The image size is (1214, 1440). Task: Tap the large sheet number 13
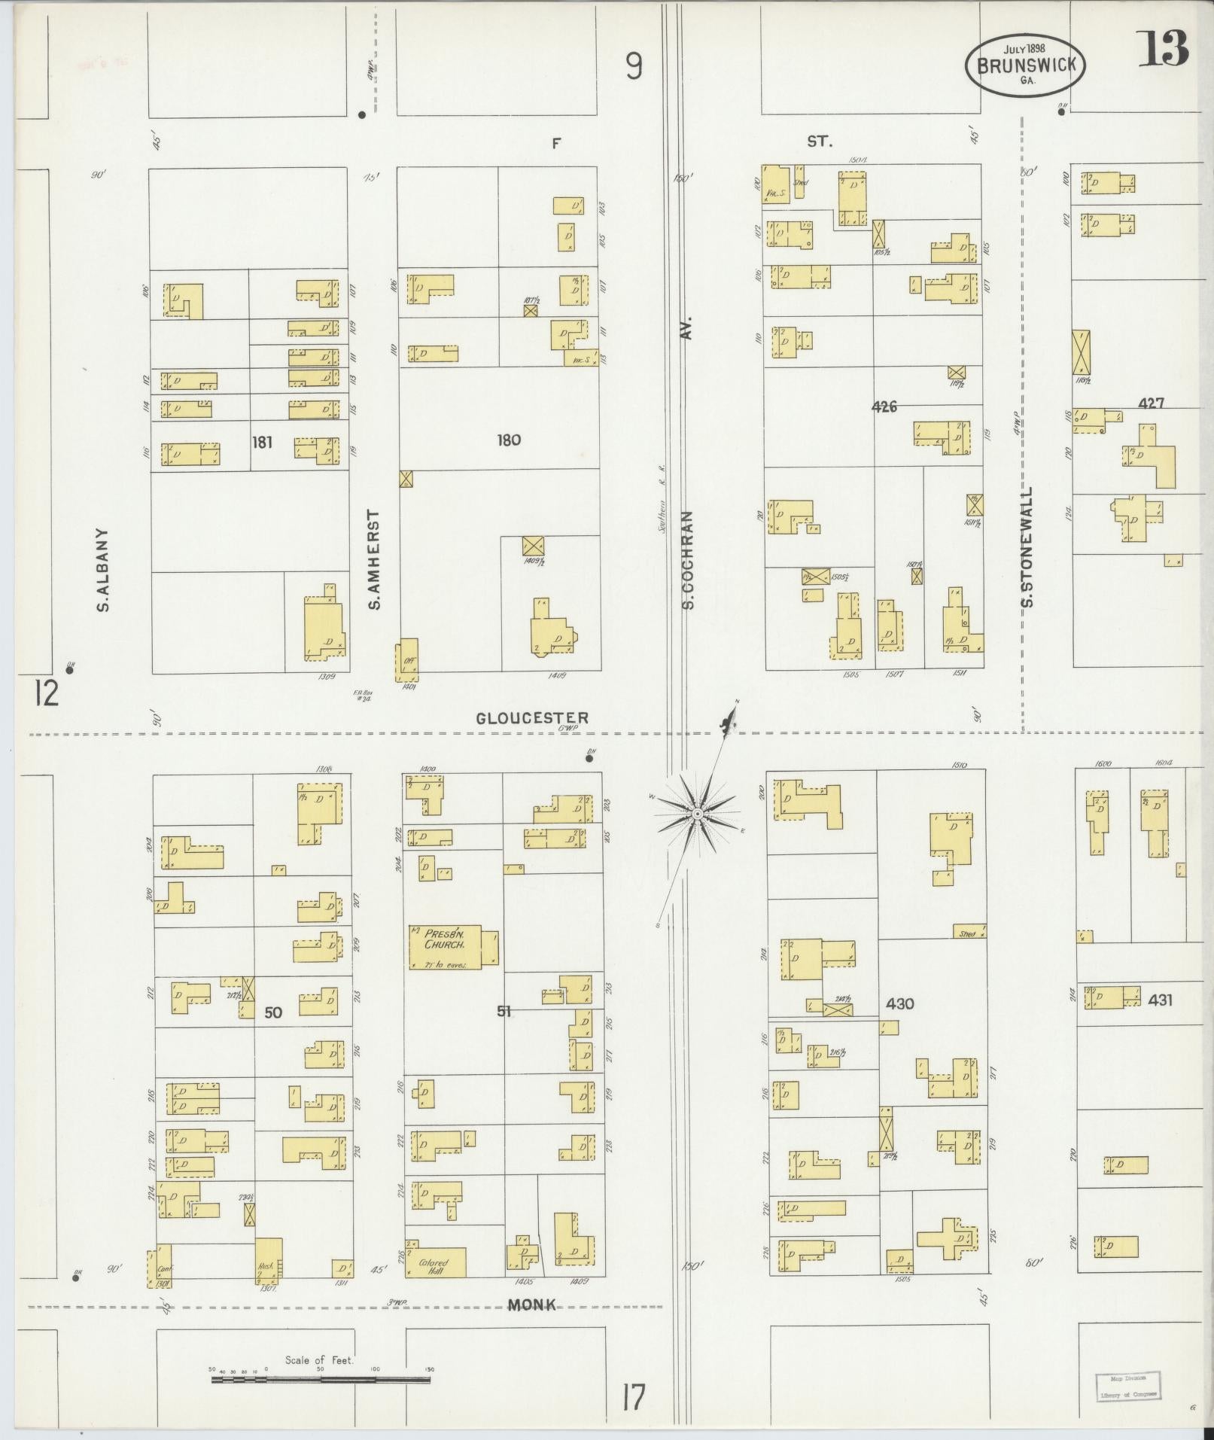[1162, 50]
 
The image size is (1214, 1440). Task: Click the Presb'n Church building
[444, 946]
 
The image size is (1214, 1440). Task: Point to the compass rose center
[698, 815]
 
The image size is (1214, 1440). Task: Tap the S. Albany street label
[104, 568]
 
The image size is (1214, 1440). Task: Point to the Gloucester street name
[531, 718]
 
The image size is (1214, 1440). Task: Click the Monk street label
[531, 1305]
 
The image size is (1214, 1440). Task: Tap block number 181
[261, 442]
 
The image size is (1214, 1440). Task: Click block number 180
[509, 440]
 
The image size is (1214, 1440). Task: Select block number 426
[884, 406]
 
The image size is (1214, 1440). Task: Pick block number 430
[899, 1003]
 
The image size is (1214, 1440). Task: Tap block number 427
[1151, 403]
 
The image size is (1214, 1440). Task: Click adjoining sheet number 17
[634, 1397]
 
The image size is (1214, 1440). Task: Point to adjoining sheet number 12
[45, 693]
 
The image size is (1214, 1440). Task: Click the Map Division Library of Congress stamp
[1126, 1385]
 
